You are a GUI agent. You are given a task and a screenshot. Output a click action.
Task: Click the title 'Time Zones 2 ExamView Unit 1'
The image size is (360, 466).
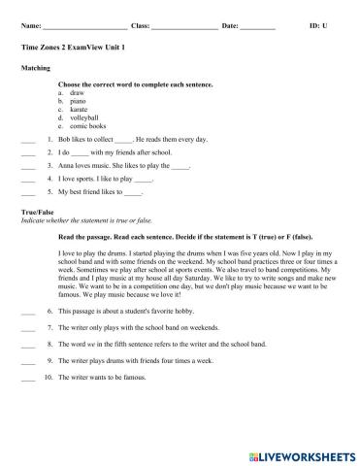pyautogui.click(x=72, y=47)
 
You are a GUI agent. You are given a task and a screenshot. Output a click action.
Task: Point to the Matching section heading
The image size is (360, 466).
pyautogui.click(x=36, y=69)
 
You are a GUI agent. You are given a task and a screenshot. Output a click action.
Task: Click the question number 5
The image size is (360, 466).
pyautogui.click(x=49, y=194)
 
